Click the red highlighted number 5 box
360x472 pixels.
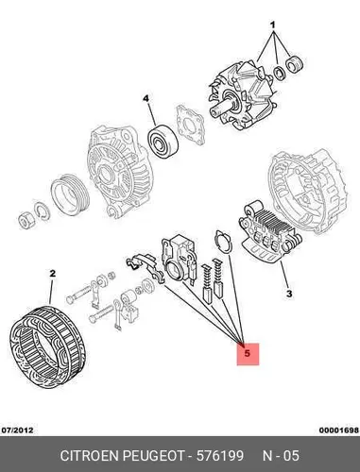[248, 354]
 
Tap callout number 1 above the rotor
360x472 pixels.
[273, 25]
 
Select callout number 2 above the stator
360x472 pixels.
[53, 274]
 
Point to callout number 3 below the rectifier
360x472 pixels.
[289, 294]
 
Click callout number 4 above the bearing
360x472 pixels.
[146, 99]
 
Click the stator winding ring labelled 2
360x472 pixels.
[47, 347]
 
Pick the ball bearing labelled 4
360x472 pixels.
[163, 141]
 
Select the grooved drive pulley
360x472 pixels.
[70, 194]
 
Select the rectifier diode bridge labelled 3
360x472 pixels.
[270, 233]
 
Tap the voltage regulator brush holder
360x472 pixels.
[179, 259]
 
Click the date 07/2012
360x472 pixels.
[17, 430]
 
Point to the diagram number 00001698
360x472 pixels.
[339, 430]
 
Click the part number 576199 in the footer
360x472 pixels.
[220, 455]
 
